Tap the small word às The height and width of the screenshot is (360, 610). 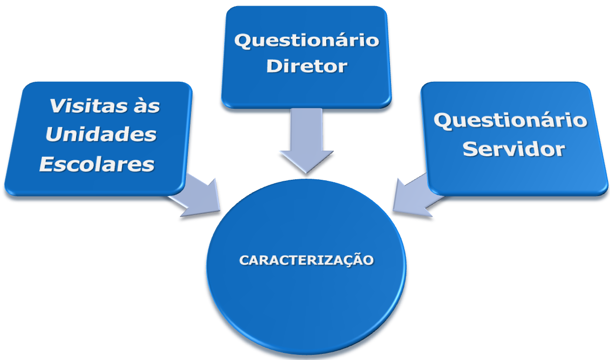click(x=145, y=107)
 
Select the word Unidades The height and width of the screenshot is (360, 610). click(x=101, y=135)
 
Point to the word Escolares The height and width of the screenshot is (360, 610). click(x=97, y=164)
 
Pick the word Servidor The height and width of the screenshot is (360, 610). click(x=514, y=149)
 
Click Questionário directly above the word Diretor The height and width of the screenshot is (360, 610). click(x=307, y=40)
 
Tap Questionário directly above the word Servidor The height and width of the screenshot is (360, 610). click(x=510, y=121)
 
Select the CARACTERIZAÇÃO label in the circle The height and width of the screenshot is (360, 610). click(x=306, y=260)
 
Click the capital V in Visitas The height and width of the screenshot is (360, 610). click(x=57, y=106)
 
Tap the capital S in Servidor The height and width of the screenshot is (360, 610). click(x=470, y=149)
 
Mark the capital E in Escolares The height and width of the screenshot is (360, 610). click(x=47, y=164)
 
